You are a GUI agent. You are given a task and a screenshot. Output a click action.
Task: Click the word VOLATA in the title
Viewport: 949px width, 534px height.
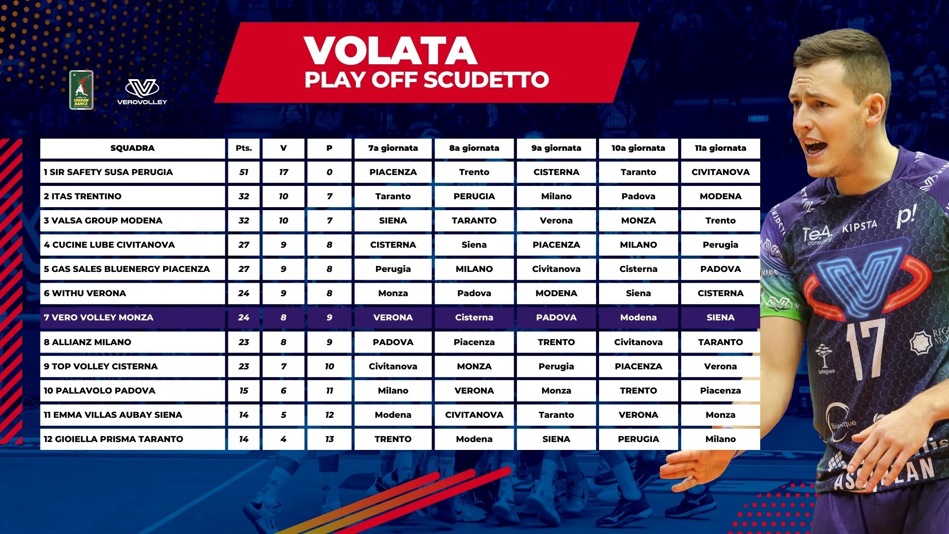(390, 50)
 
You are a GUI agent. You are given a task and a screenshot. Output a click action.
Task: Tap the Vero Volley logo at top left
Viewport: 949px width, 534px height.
(142, 92)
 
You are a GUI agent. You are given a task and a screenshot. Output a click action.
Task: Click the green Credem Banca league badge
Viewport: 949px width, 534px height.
(81, 89)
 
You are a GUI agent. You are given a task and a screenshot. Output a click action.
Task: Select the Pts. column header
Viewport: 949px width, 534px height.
(244, 148)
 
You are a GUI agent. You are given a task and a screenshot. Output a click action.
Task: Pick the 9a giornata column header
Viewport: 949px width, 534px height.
(556, 148)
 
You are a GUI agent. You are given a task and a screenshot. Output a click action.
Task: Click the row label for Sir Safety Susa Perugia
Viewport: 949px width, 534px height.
(108, 173)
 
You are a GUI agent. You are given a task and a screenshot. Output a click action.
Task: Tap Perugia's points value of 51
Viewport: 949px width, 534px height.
(244, 173)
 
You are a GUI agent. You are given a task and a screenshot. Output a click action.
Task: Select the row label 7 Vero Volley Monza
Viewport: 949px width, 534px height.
(98, 317)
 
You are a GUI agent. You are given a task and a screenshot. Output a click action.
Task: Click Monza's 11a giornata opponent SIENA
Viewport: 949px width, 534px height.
(720, 317)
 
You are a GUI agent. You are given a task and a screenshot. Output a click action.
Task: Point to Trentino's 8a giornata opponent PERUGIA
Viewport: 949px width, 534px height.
(474, 196)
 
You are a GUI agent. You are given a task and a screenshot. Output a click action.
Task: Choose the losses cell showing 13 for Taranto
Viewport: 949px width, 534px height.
(329, 439)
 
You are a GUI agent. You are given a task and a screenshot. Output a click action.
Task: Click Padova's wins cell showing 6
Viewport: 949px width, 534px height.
(283, 391)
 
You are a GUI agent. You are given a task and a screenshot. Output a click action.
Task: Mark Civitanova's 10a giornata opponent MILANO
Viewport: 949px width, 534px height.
(638, 245)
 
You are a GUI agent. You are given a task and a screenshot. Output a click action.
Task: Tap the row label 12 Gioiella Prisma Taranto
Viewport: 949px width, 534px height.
(113, 439)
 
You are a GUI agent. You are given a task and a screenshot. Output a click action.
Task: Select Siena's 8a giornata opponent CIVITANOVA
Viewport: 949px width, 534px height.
(474, 415)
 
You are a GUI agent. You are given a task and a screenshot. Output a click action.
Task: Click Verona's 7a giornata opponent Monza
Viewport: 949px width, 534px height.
(393, 293)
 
